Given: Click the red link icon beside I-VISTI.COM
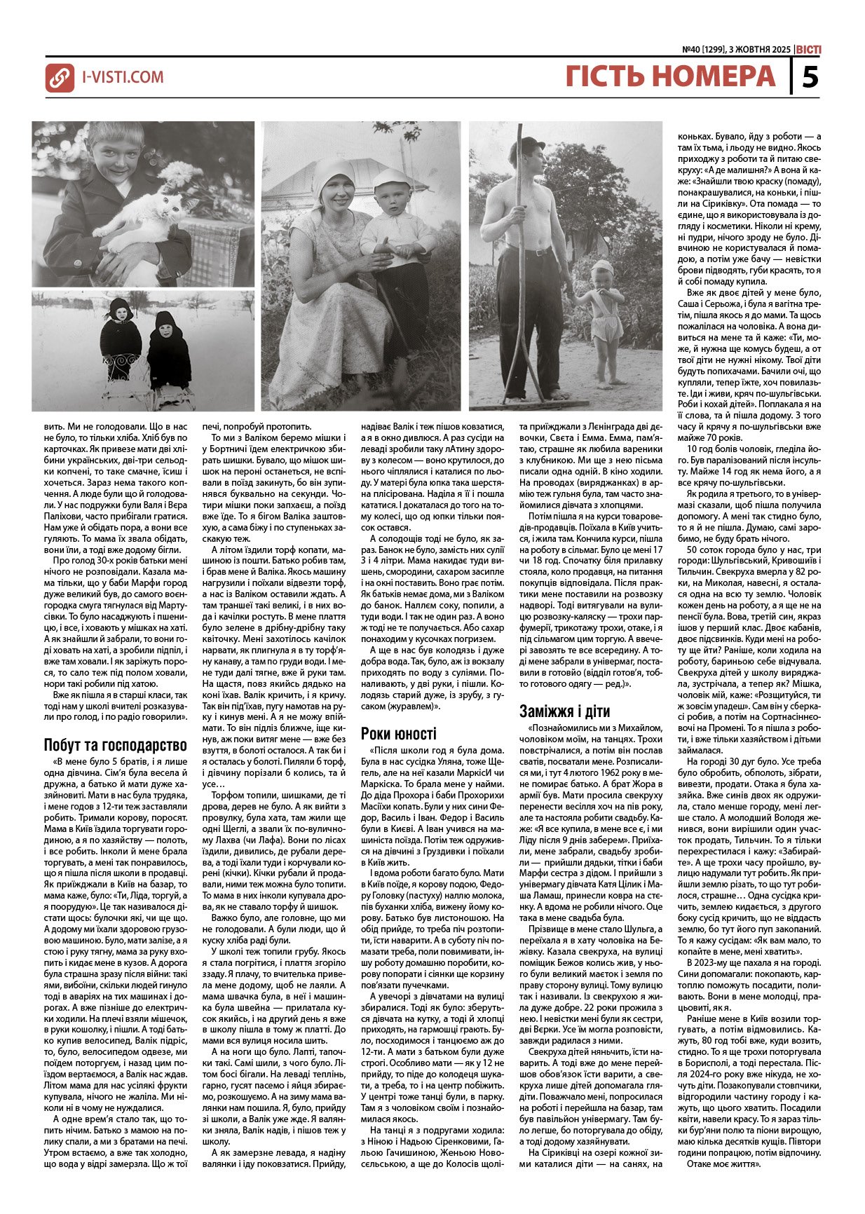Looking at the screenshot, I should coord(60,78).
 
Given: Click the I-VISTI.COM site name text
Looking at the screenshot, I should coord(123,77).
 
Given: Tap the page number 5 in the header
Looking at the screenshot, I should coord(810,76).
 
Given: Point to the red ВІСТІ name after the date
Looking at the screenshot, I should coord(809,50).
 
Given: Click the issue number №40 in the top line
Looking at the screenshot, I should coord(695,50).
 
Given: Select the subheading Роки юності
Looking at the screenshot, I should coord(398,733).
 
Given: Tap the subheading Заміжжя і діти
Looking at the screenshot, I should coord(565,711).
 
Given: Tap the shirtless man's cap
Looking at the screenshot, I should coord(528,146).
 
